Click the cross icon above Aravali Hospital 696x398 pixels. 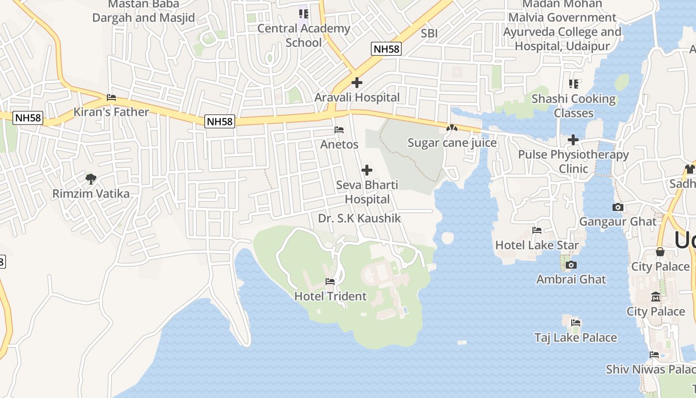click(x=356, y=83)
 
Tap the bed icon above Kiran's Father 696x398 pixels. click(x=111, y=98)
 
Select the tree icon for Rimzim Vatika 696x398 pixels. click(x=90, y=179)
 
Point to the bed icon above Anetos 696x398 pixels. click(x=339, y=130)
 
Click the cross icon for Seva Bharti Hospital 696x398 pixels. click(x=367, y=171)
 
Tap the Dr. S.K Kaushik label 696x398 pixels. click(x=359, y=218)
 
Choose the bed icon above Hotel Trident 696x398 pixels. click(x=330, y=282)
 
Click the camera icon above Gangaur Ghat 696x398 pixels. click(x=618, y=207)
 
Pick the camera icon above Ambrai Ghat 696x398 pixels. click(x=571, y=265)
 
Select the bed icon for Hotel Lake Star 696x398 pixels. click(x=537, y=230)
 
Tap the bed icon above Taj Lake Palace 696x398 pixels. click(x=576, y=323)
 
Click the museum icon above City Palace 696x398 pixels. click(x=655, y=297)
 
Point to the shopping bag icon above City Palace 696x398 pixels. click(x=660, y=252)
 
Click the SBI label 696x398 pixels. click(x=429, y=33)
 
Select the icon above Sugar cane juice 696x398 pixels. click(x=451, y=128)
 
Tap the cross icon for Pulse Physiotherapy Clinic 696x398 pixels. click(x=573, y=140)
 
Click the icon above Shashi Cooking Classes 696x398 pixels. click(x=574, y=84)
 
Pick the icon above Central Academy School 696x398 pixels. click(x=303, y=13)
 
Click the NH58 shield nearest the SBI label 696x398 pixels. click(x=386, y=49)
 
